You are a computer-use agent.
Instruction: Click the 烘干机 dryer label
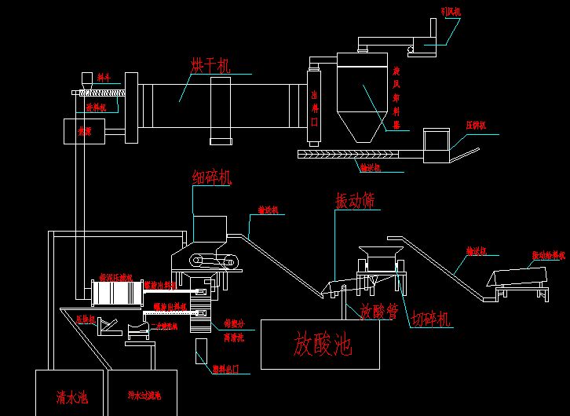click(210, 65)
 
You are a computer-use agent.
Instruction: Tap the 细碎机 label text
click(212, 177)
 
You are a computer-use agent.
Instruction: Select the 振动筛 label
click(355, 201)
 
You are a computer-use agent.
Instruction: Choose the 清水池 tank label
click(71, 398)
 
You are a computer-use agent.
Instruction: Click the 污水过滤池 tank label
click(144, 396)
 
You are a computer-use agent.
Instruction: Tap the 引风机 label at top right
click(451, 12)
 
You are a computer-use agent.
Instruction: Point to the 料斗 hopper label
click(104, 78)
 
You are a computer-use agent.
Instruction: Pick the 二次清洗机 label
click(164, 326)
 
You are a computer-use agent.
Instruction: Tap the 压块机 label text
click(85, 319)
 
